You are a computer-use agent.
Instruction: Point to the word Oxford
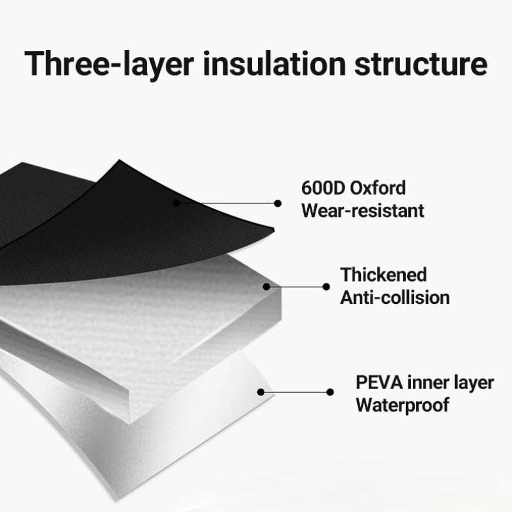point(380,189)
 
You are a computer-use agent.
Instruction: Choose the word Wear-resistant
point(363,210)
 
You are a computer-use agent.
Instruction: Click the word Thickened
point(383,275)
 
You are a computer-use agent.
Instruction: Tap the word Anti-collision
point(394,297)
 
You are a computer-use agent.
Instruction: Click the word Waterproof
point(403,404)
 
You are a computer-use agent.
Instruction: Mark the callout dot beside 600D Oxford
point(278,204)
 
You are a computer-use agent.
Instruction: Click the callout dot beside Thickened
point(326,287)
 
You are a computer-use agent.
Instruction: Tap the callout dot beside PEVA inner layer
point(330,392)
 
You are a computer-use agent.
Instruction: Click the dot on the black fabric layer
point(175,202)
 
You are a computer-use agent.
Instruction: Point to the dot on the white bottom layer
point(260,392)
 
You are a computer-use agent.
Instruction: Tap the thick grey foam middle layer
point(147,320)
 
